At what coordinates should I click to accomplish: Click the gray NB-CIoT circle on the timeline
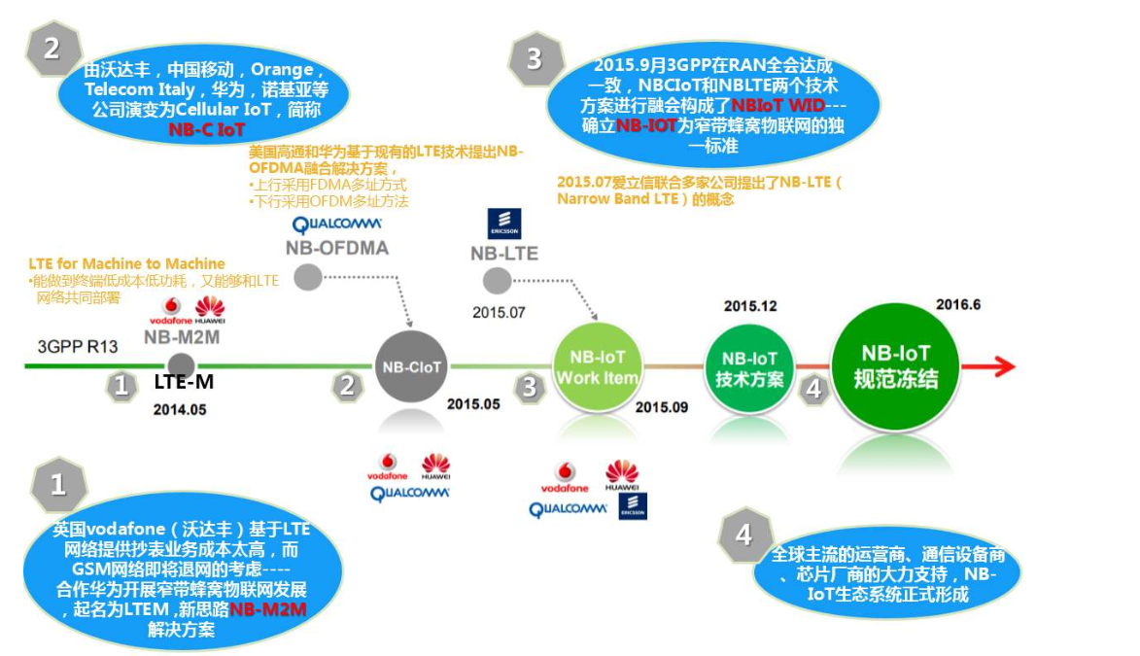412,366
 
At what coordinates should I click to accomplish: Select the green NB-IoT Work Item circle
597,366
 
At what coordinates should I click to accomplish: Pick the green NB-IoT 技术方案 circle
749,367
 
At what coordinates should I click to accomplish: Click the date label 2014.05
180,409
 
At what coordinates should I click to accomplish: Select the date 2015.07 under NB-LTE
499,312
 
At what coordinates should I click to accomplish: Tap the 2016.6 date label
958,304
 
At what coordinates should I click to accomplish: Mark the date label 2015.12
750,306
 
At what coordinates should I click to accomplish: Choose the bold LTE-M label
184,383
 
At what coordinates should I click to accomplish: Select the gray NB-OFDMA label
336,248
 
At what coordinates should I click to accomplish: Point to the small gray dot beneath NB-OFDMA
308,276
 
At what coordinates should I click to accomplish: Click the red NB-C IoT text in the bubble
206,128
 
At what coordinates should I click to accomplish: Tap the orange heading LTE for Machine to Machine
127,263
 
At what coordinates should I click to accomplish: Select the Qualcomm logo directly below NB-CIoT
410,493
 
